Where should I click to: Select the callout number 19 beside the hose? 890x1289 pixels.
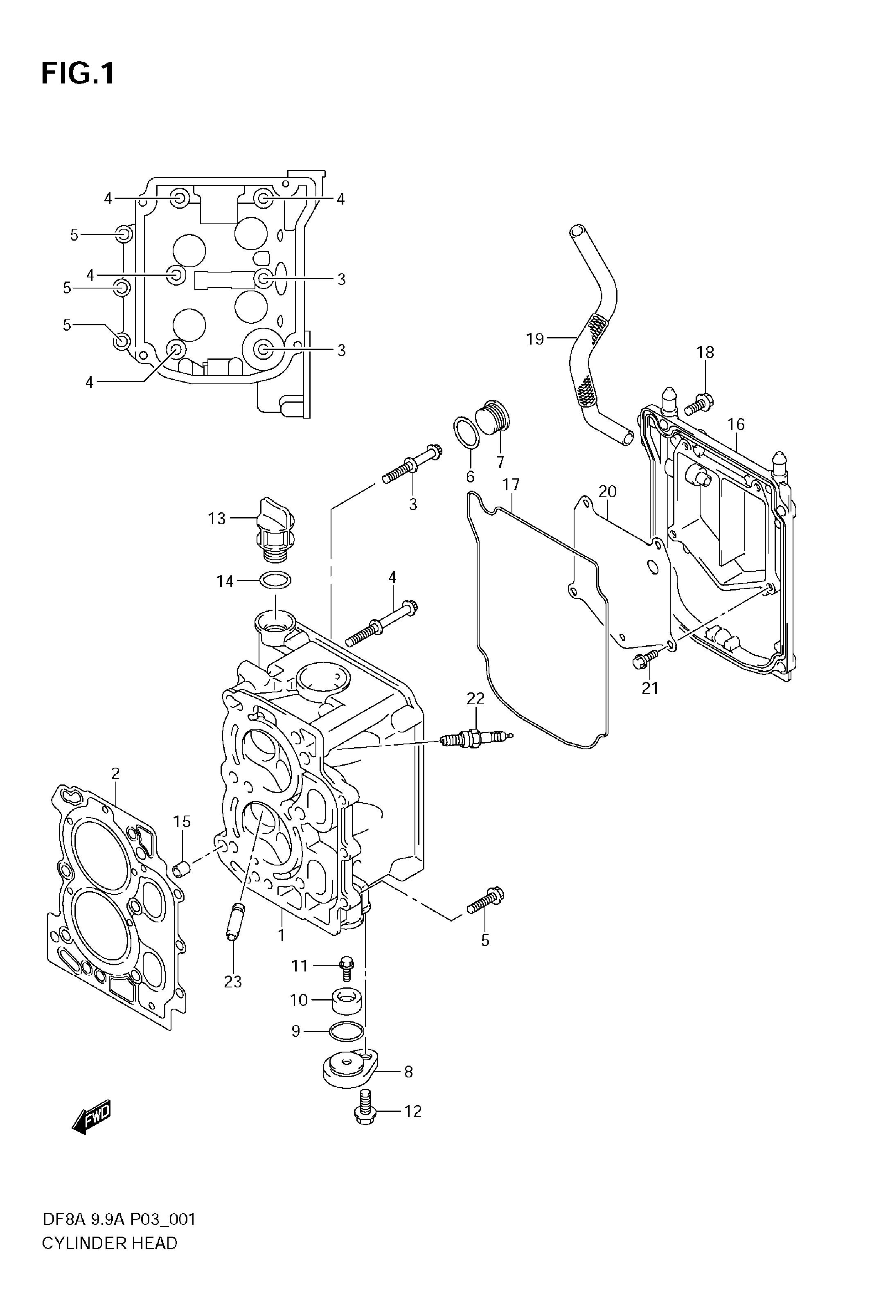click(x=535, y=338)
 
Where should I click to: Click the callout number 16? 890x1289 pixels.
click(x=736, y=424)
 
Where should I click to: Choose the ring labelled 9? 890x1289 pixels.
click(x=347, y=1032)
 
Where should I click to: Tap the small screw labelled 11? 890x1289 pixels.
click(x=346, y=969)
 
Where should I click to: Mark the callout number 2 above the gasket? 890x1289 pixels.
click(x=115, y=773)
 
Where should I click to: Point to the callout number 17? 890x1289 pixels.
click(x=511, y=485)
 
